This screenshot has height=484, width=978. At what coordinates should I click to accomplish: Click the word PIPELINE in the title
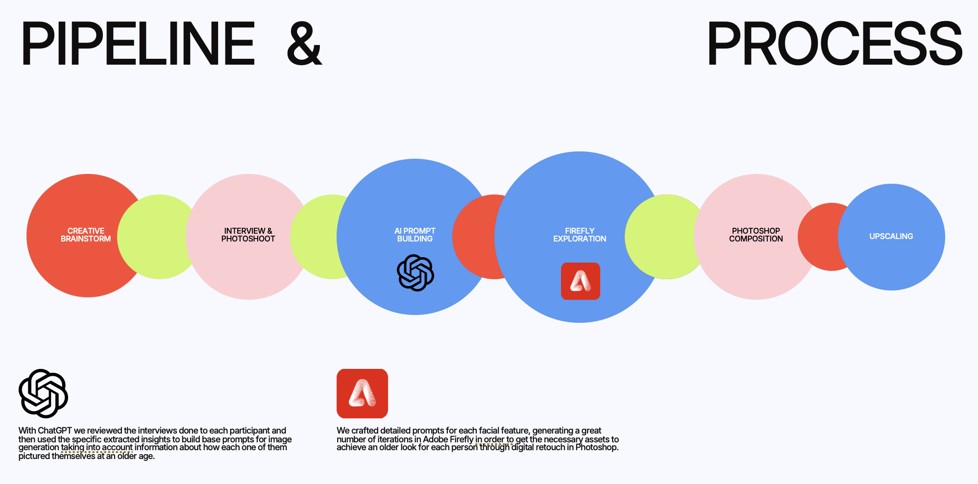(x=138, y=44)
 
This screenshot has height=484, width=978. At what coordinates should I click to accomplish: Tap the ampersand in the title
(x=304, y=44)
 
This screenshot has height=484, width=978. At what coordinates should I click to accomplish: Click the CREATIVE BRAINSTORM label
(x=86, y=235)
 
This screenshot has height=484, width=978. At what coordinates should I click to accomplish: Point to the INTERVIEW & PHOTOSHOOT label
(x=248, y=235)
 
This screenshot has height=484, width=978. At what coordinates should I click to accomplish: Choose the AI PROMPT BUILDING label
(x=415, y=235)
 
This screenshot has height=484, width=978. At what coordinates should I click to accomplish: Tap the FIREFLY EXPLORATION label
(x=580, y=235)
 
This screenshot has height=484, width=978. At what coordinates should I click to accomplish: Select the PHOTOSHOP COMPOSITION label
(x=756, y=235)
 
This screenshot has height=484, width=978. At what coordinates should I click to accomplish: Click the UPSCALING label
(x=891, y=236)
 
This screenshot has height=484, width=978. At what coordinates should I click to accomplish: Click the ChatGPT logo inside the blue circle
(x=416, y=273)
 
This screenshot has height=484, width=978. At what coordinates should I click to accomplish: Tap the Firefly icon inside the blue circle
(x=580, y=281)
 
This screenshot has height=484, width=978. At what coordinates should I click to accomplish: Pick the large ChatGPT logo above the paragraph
(x=43, y=393)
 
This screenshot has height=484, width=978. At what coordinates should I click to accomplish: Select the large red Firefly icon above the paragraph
(x=362, y=393)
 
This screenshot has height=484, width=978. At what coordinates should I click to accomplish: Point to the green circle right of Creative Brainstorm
(x=157, y=237)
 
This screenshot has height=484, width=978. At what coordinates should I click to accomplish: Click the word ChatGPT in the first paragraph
(x=55, y=431)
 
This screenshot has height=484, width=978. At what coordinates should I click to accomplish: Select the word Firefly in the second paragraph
(x=462, y=439)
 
